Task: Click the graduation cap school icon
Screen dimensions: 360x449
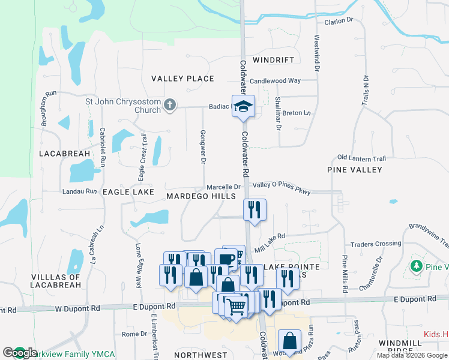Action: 243,107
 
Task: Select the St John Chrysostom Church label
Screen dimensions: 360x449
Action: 123,106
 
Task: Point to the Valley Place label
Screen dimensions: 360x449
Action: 182,79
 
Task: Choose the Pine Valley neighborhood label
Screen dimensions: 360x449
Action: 355,170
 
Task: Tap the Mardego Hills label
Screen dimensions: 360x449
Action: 201,196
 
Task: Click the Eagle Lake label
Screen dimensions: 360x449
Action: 128,192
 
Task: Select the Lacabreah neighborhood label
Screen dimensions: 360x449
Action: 65,154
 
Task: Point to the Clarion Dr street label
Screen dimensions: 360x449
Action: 339,21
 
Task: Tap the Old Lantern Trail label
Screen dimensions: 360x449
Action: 361,158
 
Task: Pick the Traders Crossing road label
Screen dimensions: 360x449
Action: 376,244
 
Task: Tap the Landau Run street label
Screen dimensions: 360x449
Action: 79,191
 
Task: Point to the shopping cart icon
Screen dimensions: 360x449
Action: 237,306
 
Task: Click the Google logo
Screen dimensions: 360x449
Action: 20,353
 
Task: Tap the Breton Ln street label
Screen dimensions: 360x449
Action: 297,113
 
